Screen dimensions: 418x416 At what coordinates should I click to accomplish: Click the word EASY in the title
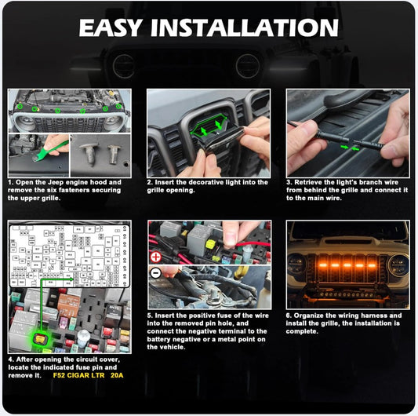tap(110, 27)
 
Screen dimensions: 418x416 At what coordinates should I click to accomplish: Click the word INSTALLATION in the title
tap(245, 27)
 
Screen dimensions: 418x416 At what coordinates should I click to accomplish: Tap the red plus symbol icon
tap(156, 257)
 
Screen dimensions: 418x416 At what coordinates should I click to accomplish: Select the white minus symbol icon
tap(156, 273)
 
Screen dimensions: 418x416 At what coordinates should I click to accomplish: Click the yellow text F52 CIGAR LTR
tap(78, 375)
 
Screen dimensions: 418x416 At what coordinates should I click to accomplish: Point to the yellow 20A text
tap(117, 375)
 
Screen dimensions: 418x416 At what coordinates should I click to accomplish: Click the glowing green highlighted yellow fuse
tap(40, 339)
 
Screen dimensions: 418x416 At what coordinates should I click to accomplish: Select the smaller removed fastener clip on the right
tap(114, 153)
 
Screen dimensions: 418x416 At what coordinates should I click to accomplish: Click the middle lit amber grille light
tap(347, 265)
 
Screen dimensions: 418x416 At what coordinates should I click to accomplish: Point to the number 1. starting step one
tap(11, 182)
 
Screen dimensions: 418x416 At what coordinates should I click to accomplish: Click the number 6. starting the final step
tap(289, 316)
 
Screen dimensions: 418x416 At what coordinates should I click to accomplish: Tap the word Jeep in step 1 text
tap(56, 183)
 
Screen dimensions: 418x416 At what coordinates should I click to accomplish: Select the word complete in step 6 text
tap(302, 331)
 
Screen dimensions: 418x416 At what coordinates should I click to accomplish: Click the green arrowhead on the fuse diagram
tap(71, 279)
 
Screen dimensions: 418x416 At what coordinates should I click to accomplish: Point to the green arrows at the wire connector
tap(351, 148)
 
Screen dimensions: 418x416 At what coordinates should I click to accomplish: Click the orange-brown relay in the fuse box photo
tap(68, 304)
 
